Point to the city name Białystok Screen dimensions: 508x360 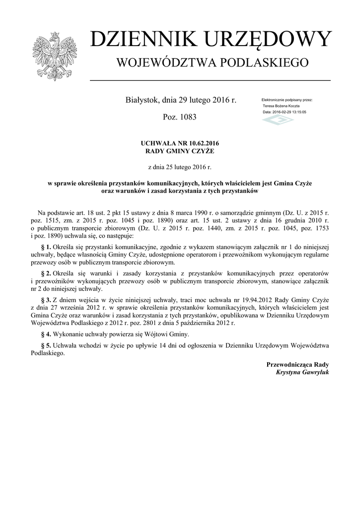(x=143, y=100)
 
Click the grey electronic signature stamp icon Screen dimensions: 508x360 (x=278, y=120)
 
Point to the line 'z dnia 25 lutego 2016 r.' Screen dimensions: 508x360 (x=180, y=167)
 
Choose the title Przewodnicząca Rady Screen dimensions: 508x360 (x=298, y=365)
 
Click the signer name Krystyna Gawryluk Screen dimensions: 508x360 (x=302, y=372)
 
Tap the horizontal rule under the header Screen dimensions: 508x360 (x=210, y=80)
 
